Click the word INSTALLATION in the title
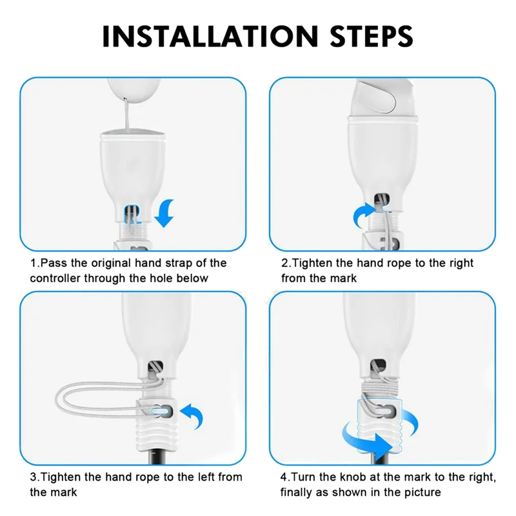point(210,36)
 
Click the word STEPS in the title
point(372,36)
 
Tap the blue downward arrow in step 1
point(165,213)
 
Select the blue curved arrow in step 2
point(364,214)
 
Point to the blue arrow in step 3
point(192,416)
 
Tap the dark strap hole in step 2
point(382,199)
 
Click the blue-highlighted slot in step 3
point(161,412)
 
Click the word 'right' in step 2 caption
point(461,263)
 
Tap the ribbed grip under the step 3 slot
point(155,435)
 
